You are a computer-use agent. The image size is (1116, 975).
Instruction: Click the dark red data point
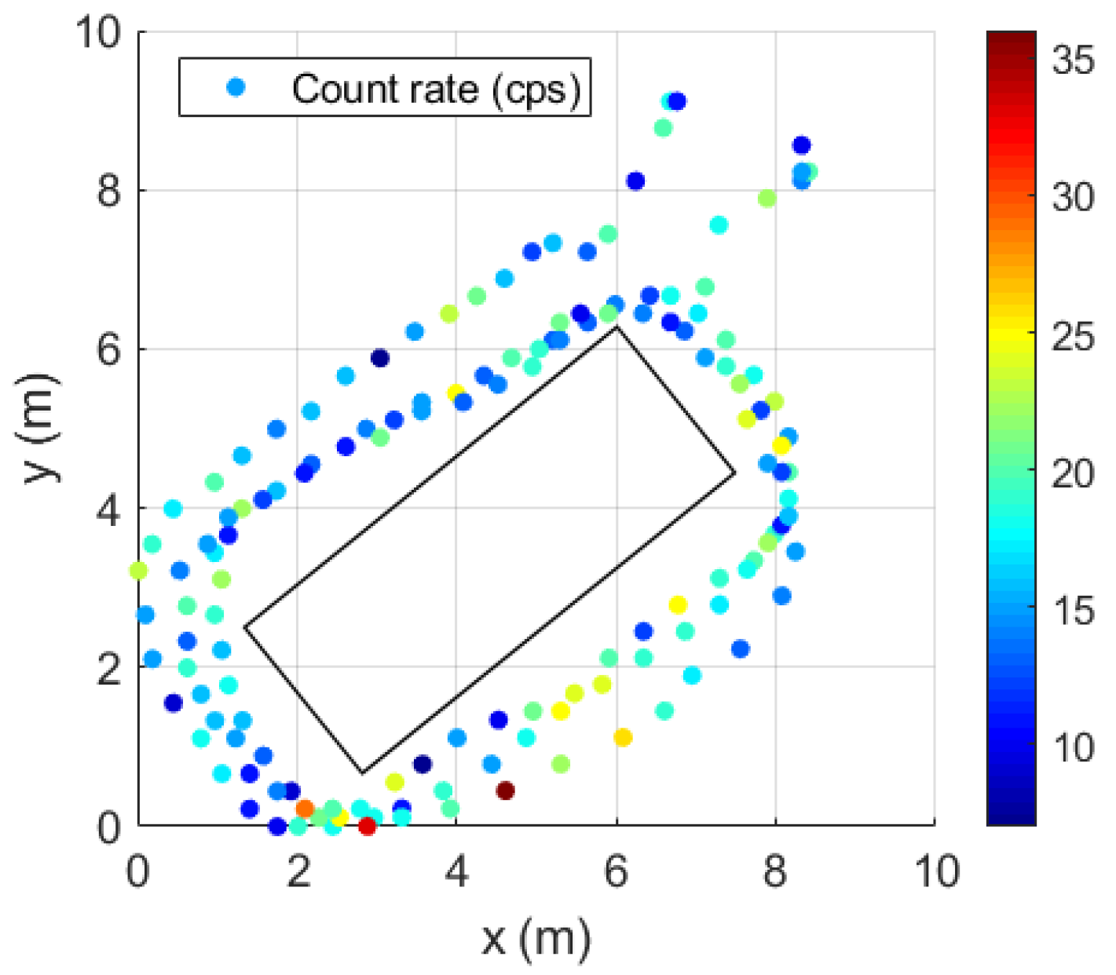[x=506, y=791]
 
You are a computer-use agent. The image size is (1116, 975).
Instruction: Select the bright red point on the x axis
[x=367, y=826]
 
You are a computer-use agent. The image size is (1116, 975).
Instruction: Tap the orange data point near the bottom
[x=305, y=809]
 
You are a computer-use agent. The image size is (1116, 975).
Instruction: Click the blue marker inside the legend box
[x=236, y=87]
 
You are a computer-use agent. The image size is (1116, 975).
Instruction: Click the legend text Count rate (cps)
[x=437, y=89]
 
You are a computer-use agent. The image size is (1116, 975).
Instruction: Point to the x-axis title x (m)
[x=536, y=937]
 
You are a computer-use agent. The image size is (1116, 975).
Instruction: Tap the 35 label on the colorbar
[x=1073, y=60]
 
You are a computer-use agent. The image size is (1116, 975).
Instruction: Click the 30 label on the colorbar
[x=1073, y=197]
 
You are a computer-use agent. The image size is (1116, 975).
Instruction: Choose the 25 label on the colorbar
[x=1073, y=336]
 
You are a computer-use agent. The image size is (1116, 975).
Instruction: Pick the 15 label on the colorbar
[x=1073, y=611]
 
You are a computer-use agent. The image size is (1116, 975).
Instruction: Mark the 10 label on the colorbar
[x=1073, y=748]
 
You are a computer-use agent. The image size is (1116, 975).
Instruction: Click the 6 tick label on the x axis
[x=617, y=871]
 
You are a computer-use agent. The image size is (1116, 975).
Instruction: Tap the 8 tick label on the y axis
[x=108, y=191]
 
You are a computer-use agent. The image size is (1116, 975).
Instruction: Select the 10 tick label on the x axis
[x=935, y=871]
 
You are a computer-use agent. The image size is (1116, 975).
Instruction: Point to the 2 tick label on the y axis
[x=108, y=667]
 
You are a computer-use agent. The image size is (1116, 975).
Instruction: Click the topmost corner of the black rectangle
[x=617, y=327]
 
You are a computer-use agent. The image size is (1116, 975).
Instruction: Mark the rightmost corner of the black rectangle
[x=735, y=473]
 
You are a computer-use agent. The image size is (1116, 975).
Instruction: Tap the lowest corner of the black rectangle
[x=362, y=773]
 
